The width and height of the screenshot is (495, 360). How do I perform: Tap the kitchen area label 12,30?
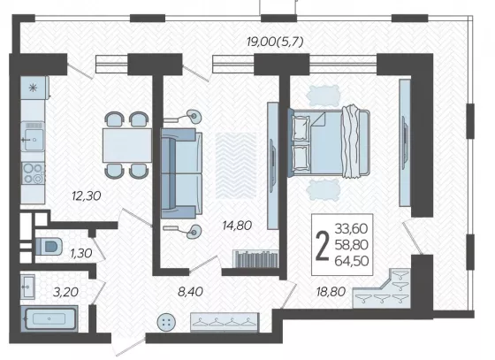(87, 196)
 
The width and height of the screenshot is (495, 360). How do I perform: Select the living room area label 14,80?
(237, 226)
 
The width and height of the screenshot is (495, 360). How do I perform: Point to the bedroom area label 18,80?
(331, 292)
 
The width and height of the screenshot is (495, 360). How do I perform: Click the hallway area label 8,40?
(190, 292)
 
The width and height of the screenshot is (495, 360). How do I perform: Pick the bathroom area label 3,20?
(65, 292)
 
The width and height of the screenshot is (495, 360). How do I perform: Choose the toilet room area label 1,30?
(81, 253)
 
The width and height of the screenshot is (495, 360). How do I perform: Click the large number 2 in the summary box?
(323, 245)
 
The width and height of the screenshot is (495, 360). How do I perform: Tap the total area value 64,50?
(352, 261)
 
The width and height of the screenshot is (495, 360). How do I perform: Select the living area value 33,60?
(352, 228)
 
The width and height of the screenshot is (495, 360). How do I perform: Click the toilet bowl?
(49, 246)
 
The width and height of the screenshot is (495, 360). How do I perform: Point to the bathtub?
(49, 318)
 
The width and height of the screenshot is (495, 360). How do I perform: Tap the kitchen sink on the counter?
(33, 136)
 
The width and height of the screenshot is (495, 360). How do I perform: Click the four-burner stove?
(33, 173)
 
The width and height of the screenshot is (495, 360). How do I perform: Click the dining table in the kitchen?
(127, 145)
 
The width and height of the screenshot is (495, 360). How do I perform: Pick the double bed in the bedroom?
(328, 142)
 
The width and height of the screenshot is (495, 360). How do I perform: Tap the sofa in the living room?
(181, 173)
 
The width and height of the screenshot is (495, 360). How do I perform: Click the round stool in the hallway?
(167, 322)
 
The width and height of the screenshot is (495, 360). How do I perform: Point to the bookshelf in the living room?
(255, 259)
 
